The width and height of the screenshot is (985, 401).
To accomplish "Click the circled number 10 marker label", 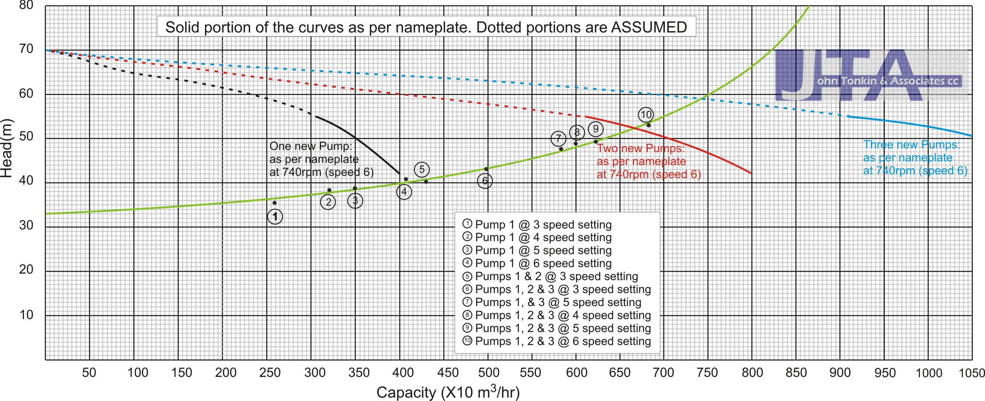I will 646,115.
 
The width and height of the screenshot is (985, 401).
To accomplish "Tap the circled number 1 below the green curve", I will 275,216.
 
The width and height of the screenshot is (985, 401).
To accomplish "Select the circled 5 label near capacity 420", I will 422,170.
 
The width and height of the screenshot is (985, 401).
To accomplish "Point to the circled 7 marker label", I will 558,138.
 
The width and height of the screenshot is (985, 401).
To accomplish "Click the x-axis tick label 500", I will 489,373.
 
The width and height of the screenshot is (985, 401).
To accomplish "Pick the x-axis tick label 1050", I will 972,373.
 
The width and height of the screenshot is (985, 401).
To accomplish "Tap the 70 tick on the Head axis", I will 26,49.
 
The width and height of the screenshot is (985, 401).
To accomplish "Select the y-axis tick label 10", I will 26,315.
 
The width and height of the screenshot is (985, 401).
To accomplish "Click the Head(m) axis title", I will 7,148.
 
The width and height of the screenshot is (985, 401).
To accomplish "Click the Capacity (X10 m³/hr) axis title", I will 448,392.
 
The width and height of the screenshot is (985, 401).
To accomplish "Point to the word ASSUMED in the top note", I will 649,27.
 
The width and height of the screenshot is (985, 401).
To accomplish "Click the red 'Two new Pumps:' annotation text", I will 641,148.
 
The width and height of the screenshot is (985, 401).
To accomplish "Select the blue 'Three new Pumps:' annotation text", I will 911,144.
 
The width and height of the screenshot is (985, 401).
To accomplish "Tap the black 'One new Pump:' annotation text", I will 310,146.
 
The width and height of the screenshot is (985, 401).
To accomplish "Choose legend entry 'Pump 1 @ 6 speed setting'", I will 543,263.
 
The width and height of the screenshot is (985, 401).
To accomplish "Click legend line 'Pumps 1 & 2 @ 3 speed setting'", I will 556,276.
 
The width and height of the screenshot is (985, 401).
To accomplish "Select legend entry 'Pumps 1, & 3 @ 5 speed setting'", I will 558,302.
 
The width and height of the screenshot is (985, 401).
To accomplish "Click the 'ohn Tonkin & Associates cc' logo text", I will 887,81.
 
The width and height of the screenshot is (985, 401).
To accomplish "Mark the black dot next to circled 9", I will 596,142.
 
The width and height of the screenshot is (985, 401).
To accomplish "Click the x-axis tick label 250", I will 270,373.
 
